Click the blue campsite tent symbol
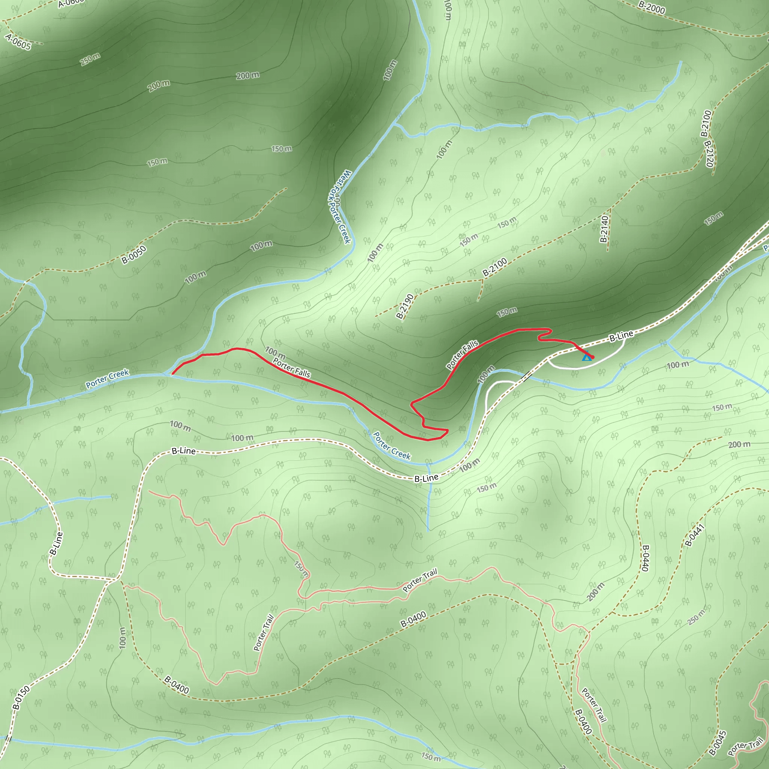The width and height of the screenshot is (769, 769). click(x=586, y=357)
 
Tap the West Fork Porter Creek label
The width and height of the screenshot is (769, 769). click(x=339, y=207)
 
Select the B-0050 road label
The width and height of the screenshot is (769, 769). click(x=134, y=255)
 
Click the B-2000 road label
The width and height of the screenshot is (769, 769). click(x=651, y=7)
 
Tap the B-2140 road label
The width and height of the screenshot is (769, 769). click(x=604, y=229)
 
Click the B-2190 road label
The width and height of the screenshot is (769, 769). click(x=405, y=306)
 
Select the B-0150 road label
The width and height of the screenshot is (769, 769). click(x=21, y=697)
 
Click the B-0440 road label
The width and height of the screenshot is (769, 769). click(x=645, y=558)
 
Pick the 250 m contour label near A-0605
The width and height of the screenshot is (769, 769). click(x=90, y=59)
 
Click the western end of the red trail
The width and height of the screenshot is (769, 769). click(x=172, y=374)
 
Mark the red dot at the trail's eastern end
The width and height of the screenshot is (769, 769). click(x=592, y=357)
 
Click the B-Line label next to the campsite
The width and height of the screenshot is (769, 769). click(x=621, y=336)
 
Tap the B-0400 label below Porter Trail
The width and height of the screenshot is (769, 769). click(x=413, y=619)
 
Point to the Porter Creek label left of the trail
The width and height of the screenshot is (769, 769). click(x=107, y=378)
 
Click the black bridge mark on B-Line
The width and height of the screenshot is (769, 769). click(x=528, y=376)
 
